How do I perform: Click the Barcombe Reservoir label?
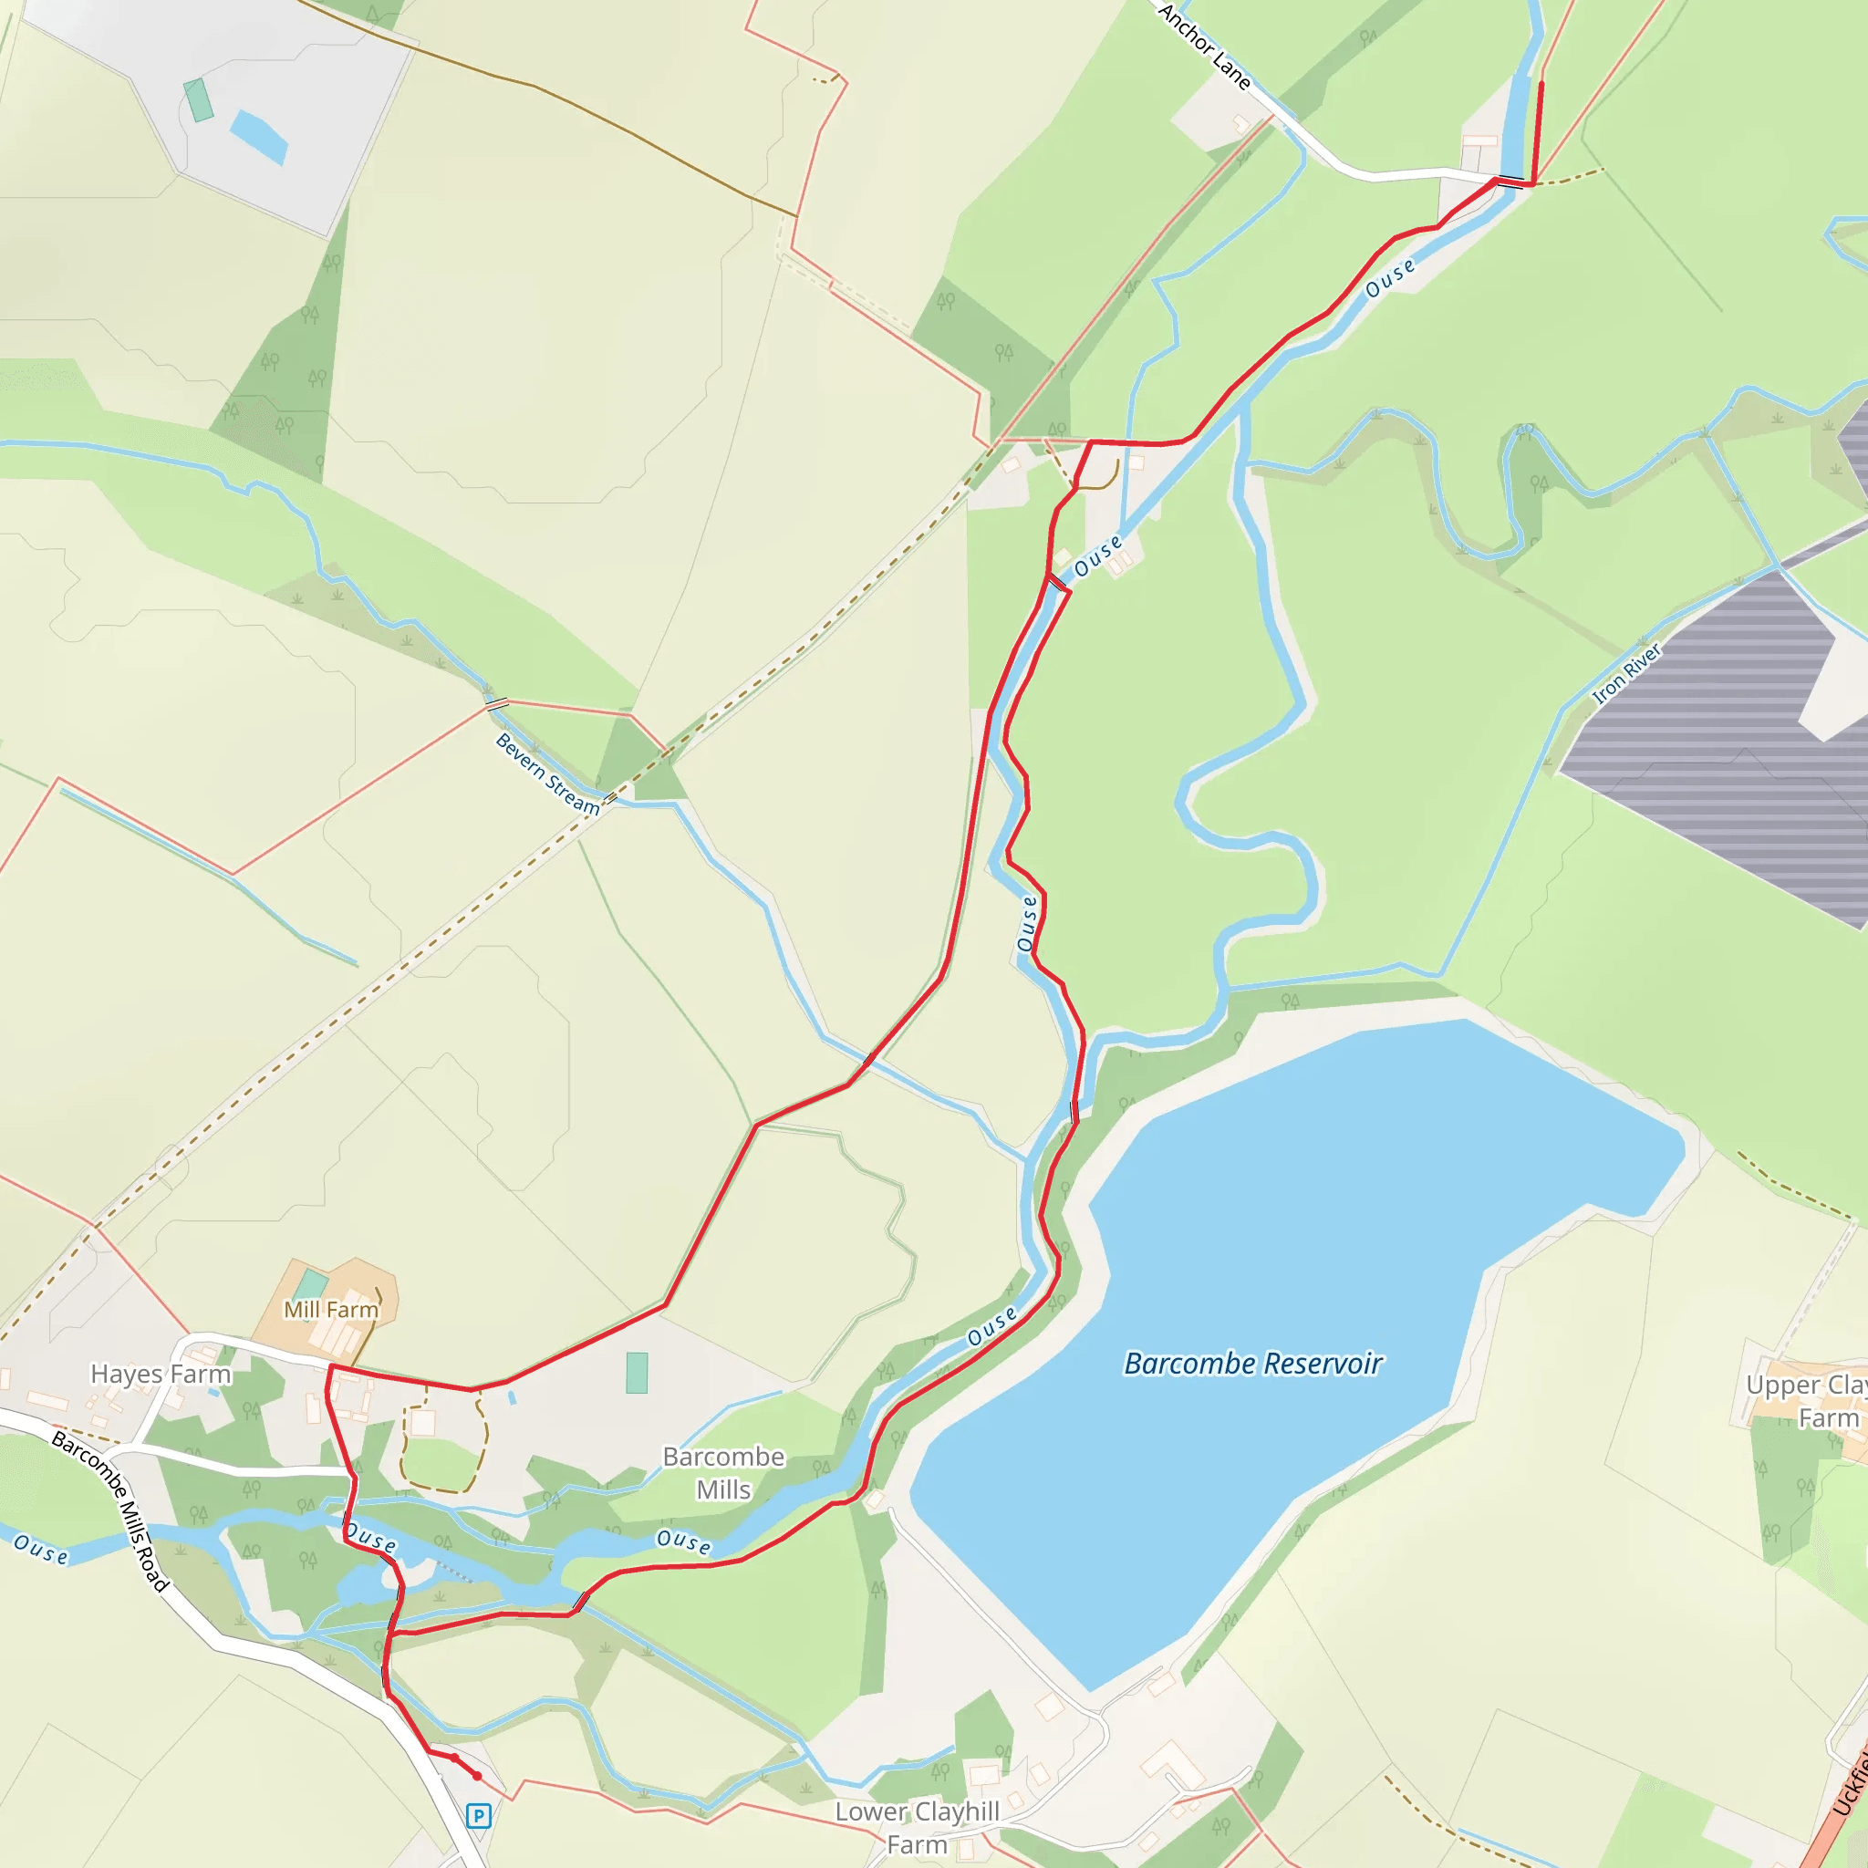pos(1253,1365)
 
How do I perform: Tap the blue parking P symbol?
pos(478,1816)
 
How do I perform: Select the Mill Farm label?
pos(331,1310)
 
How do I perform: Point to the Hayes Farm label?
pos(161,1374)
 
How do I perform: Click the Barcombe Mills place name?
pos(723,1472)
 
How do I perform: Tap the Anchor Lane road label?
pos(1205,47)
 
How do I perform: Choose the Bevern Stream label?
pos(547,773)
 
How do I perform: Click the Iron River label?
pos(1626,673)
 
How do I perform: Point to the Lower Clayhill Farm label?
pos(917,1827)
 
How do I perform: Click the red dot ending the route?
pos(477,1776)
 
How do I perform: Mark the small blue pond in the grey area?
pos(258,136)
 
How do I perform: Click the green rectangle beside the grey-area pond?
pos(198,100)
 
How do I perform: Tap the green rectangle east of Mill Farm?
pos(637,1373)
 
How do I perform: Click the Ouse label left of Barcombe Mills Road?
pos(41,1550)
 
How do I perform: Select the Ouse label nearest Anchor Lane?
pos(1389,277)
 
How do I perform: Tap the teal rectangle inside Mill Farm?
pos(309,1286)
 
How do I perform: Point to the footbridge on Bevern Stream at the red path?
pos(496,703)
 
